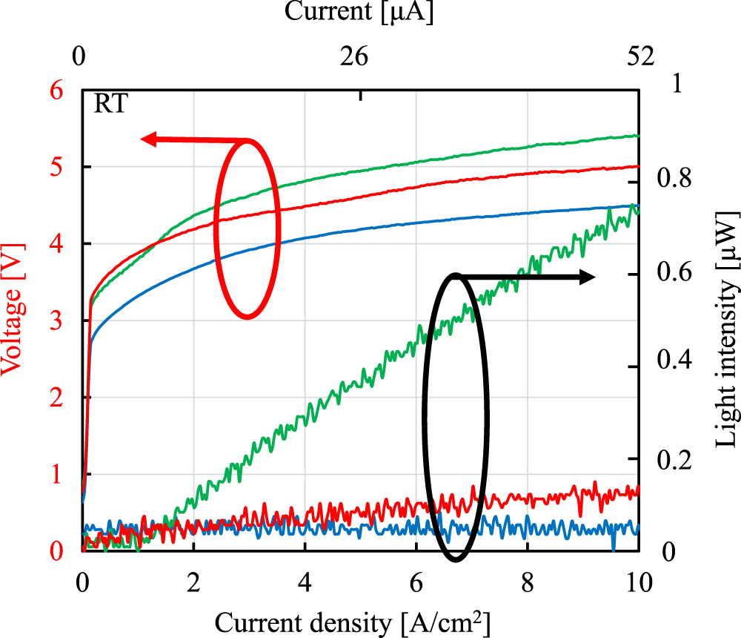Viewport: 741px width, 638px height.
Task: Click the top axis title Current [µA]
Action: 359,12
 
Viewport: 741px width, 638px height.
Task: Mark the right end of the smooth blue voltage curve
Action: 638,206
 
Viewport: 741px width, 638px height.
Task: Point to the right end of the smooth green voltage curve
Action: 638,136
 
